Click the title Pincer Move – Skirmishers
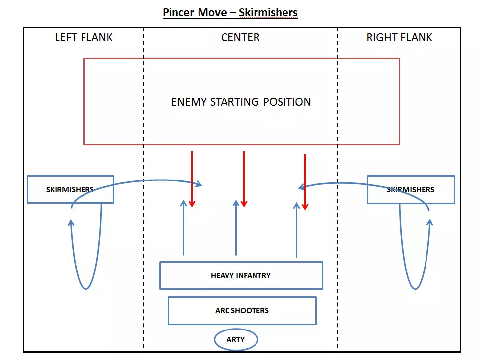coord(230,12)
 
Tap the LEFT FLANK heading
coord(84,38)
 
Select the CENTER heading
coord(240,38)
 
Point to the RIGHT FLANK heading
coord(399,38)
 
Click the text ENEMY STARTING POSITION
coord(241,102)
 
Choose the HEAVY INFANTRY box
coord(241,275)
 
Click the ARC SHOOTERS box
coord(242,310)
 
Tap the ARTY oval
coord(236,340)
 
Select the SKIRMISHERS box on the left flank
coord(70,189)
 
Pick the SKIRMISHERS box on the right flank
coord(410,189)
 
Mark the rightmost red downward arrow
coord(305,181)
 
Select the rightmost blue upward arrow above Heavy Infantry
coord(296,228)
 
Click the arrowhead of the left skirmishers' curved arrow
coord(199,184)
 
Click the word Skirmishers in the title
coord(268,12)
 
